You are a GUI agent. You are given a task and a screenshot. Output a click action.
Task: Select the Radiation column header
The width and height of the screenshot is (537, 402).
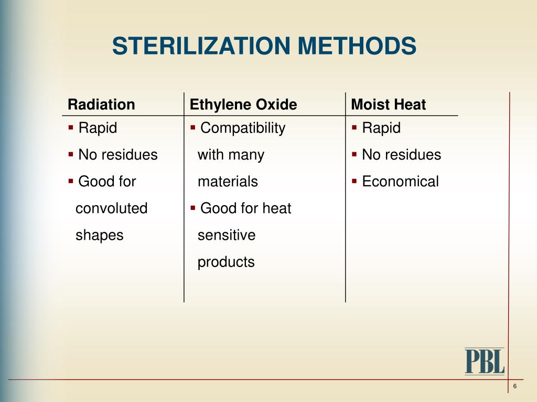click(x=101, y=105)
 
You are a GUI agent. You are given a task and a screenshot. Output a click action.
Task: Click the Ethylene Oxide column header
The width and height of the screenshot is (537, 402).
click(x=243, y=105)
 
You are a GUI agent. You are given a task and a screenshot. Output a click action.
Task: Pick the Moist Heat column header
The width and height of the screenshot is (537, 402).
click(x=388, y=105)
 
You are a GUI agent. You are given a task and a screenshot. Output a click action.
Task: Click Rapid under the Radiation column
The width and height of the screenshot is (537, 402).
click(x=98, y=128)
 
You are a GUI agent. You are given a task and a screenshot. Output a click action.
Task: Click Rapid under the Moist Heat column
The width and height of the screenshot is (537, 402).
click(x=381, y=128)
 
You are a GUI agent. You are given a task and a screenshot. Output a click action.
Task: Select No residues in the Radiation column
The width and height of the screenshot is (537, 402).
click(x=117, y=155)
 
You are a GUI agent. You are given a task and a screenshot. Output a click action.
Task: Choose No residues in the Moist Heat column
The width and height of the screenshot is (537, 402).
click(x=401, y=155)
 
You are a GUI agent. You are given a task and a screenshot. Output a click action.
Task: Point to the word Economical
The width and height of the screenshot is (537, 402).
click(x=400, y=182)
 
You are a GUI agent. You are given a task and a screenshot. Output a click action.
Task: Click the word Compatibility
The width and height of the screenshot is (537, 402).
click(x=243, y=128)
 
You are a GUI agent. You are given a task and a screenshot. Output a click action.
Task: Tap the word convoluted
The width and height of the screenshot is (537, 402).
click(x=111, y=208)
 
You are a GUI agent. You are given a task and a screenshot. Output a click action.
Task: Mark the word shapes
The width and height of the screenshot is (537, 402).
click(x=99, y=236)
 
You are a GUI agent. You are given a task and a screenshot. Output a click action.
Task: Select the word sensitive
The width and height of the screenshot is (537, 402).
click(x=227, y=236)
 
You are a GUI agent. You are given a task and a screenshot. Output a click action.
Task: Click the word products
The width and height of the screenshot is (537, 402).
click(x=226, y=262)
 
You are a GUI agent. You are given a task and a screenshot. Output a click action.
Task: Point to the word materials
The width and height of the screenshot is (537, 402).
click(x=228, y=182)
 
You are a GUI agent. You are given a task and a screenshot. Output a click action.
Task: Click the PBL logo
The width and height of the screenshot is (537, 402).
click(x=484, y=361)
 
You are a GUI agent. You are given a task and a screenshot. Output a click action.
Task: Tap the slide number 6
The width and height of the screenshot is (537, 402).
click(x=515, y=386)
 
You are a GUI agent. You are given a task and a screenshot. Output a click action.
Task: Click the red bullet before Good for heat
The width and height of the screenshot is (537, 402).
click(x=193, y=207)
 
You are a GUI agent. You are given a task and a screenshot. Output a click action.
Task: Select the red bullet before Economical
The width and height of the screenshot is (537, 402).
click(x=355, y=181)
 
